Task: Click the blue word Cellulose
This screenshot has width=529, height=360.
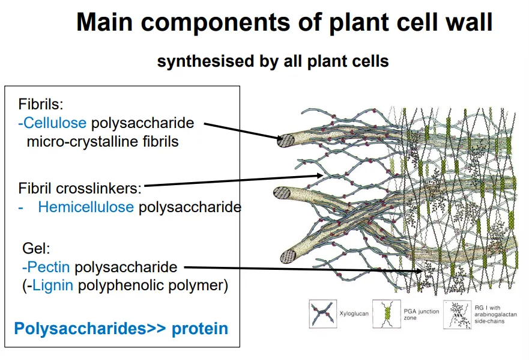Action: [x=53, y=123]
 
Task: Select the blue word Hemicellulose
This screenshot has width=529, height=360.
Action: [x=86, y=207]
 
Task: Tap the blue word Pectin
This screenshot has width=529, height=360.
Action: [x=47, y=266]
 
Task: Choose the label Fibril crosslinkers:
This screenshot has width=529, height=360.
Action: [x=80, y=188]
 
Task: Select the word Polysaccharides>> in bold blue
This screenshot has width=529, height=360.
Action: [x=90, y=329]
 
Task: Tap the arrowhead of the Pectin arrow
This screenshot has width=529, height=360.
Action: [x=423, y=271]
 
